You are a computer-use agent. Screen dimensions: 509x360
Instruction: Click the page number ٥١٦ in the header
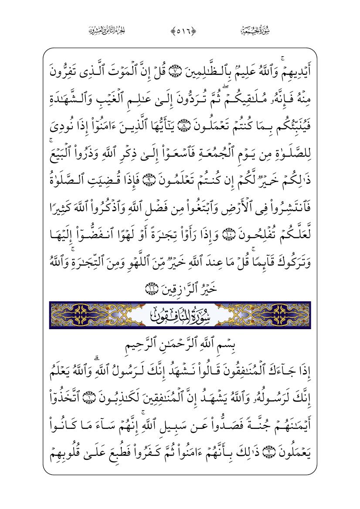tap(180, 31)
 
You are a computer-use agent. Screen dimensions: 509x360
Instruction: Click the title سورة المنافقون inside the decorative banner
tap(180, 313)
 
